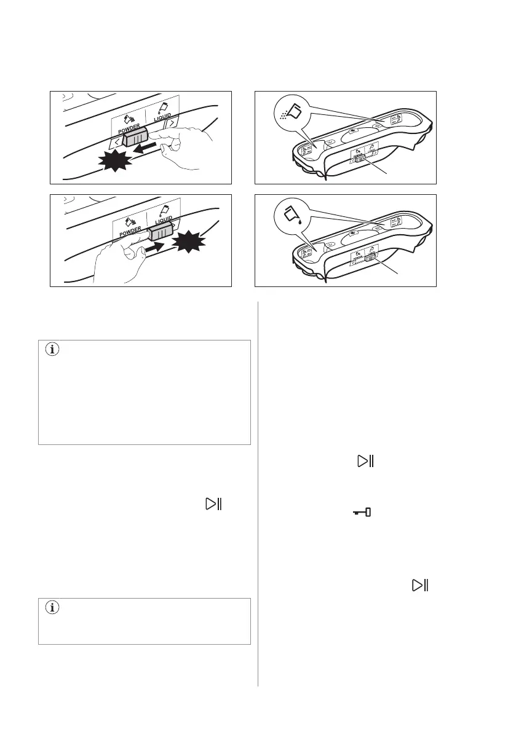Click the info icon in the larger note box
click(x=51, y=351)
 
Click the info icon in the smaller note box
click(x=51, y=608)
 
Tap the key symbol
click(x=362, y=512)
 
